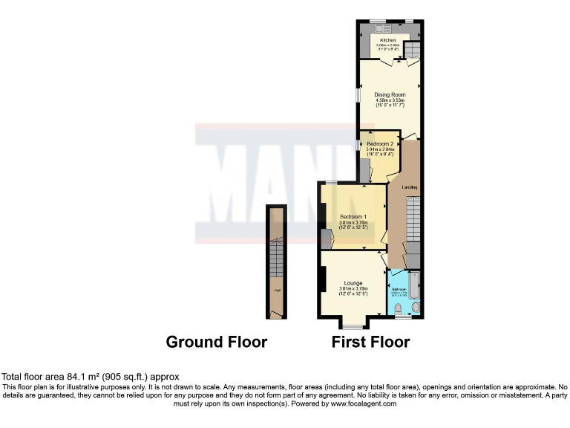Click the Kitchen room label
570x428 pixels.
(388, 40)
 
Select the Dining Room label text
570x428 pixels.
(390, 95)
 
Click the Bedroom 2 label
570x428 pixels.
(379, 143)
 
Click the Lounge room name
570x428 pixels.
(353, 283)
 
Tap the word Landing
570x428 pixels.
(410, 187)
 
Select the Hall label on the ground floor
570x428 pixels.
(277, 291)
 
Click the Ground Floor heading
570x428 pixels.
(216, 342)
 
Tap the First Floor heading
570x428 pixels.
(370, 342)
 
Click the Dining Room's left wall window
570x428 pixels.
(358, 97)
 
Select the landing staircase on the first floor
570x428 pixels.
(413, 223)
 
